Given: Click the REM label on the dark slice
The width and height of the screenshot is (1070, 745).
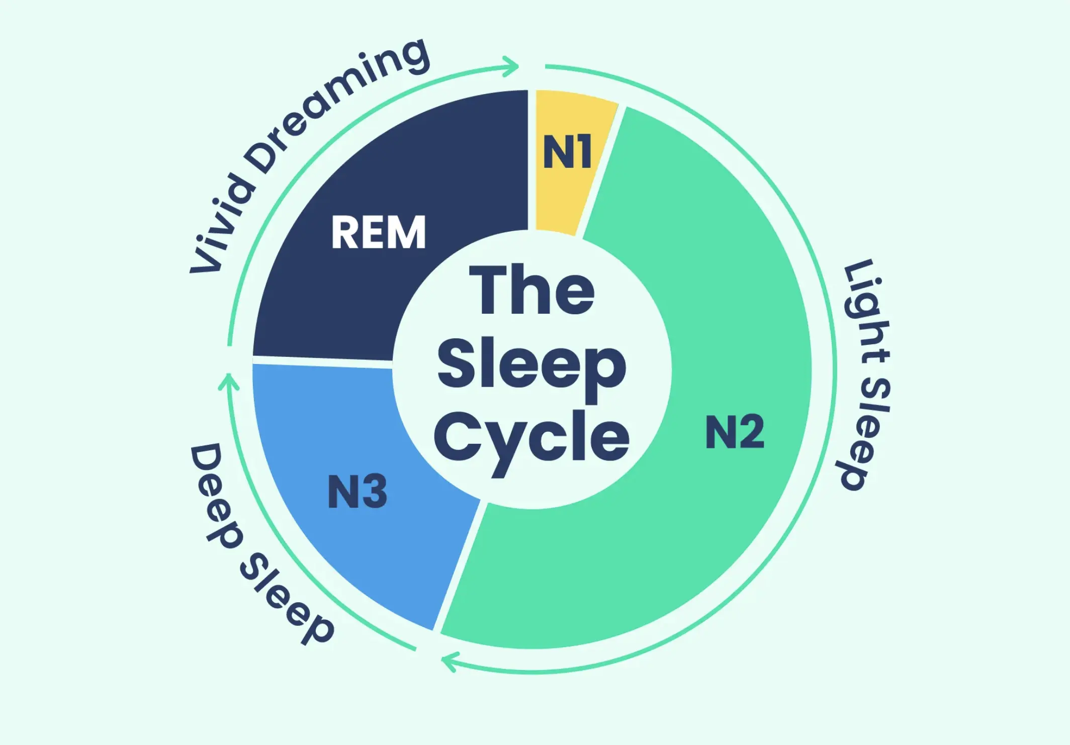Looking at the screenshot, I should [378, 232].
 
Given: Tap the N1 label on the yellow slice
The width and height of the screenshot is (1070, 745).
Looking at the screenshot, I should [567, 152].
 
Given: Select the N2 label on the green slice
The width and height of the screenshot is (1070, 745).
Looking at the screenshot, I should [735, 432].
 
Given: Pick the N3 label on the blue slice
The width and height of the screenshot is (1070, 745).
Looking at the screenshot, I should [357, 492].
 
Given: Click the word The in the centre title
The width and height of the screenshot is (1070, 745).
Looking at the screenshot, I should [531, 290].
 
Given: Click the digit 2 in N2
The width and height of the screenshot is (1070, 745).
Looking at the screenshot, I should [751, 432].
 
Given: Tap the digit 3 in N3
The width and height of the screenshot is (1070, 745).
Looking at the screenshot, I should [374, 492].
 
